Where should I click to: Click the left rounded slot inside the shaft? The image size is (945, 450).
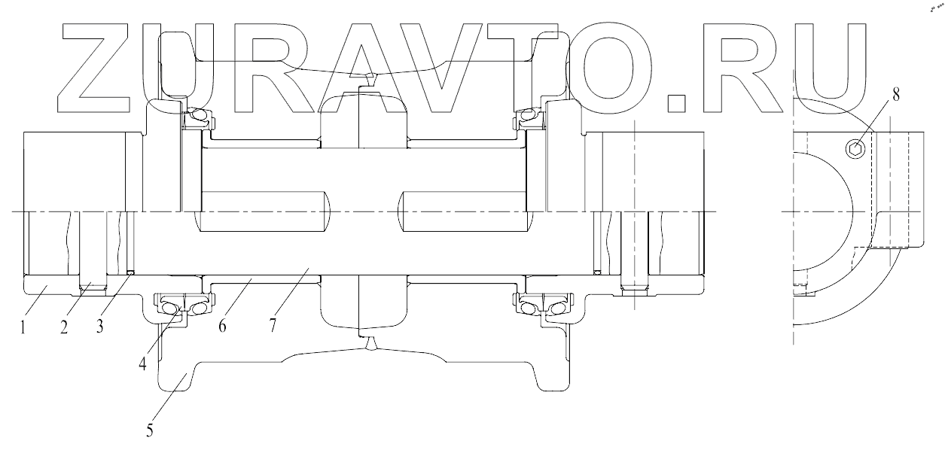pos(264,211)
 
